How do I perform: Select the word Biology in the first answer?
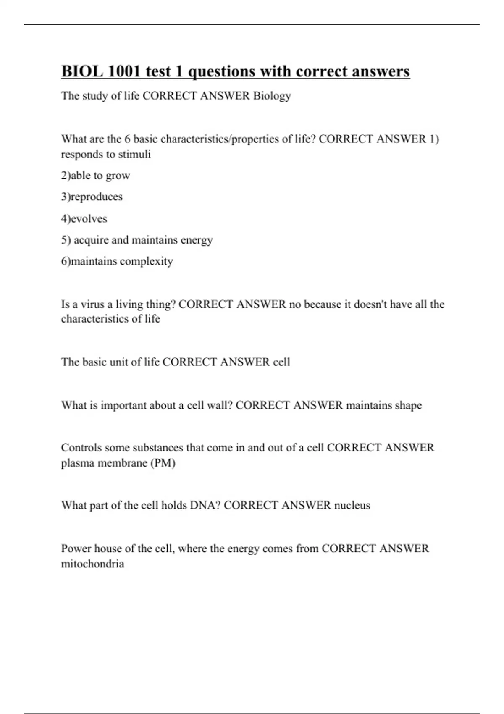point(272,96)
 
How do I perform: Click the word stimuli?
point(134,154)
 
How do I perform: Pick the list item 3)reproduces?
point(92,197)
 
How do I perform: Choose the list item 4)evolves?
point(84,218)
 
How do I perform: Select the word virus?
point(92,304)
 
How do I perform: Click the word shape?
point(408,405)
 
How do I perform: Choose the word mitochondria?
point(92,564)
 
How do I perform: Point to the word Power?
point(76,548)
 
